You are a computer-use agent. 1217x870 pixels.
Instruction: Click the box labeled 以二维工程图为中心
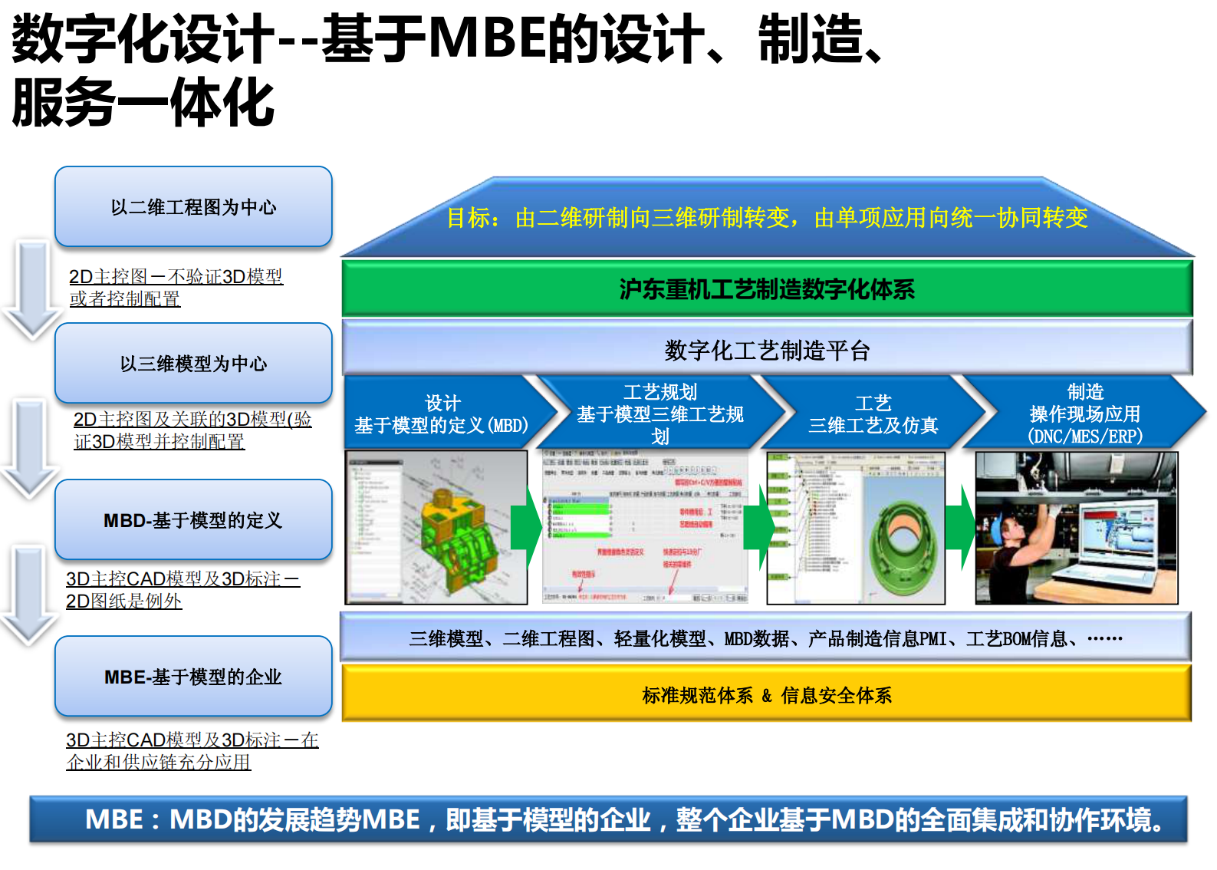click(193, 207)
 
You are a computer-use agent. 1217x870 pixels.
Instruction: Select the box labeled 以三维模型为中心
click(193, 364)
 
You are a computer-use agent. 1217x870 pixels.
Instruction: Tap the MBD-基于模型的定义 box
click(193, 520)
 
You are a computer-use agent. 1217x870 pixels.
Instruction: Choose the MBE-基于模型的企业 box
click(193, 677)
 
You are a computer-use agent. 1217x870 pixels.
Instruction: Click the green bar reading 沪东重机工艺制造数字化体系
click(767, 289)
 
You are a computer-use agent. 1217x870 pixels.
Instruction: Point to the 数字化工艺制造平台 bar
click(767, 350)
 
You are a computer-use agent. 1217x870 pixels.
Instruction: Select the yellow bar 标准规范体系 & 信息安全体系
click(767, 695)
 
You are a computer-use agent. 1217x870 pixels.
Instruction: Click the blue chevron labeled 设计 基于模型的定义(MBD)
click(442, 414)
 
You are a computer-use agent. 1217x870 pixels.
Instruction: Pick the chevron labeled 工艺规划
click(659, 414)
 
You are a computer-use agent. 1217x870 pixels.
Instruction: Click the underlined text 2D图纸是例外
click(124, 601)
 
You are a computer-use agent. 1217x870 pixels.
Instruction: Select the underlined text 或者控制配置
click(125, 298)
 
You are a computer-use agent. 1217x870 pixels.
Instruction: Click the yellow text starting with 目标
click(767, 218)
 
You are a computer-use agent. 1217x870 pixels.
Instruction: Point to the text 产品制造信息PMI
click(877, 638)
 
